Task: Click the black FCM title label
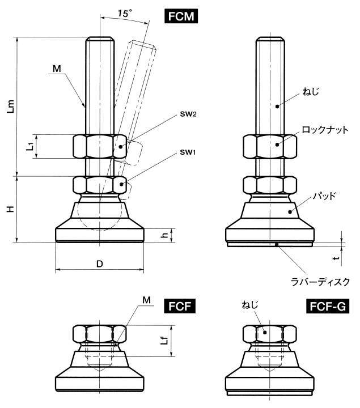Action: [181, 16]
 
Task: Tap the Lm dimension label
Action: [10, 107]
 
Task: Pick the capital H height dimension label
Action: [10, 209]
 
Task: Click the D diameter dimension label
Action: [100, 264]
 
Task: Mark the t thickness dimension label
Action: [336, 257]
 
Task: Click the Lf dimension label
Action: [163, 341]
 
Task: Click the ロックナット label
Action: [325, 130]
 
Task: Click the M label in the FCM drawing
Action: [56, 69]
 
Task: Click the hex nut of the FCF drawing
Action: [100, 333]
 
